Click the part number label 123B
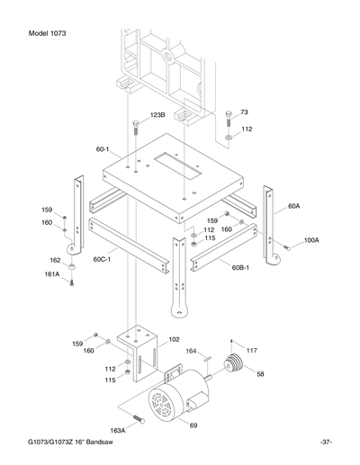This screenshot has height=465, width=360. [x=157, y=116]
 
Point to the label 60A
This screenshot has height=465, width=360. [x=294, y=206]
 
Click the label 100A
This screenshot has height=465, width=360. [x=311, y=241]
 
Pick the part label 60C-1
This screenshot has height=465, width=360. [x=102, y=258]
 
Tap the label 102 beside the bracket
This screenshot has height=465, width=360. [x=175, y=339]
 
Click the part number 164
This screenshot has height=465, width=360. [x=191, y=351]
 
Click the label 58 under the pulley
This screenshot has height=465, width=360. [x=261, y=373]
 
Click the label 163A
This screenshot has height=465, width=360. [x=118, y=431]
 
